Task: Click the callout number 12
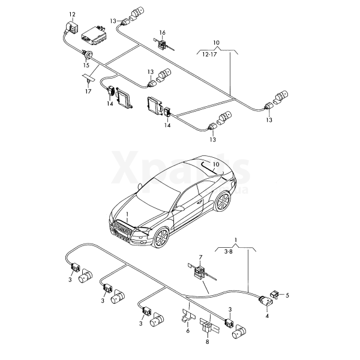point(72,14)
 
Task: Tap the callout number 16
point(163,33)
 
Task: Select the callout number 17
point(88,91)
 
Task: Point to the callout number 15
point(86,65)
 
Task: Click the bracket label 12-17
point(209,55)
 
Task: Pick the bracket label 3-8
point(228,251)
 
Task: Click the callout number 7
point(200,257)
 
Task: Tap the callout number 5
point(287,295)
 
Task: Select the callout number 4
point(267,316)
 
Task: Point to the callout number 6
point(188,331)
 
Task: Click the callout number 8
point(208,342)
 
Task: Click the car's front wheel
point(161,238)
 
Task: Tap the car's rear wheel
point(222,202)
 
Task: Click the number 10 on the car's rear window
point(216,164)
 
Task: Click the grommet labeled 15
point(87,55)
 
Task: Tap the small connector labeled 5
point(275,294)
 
